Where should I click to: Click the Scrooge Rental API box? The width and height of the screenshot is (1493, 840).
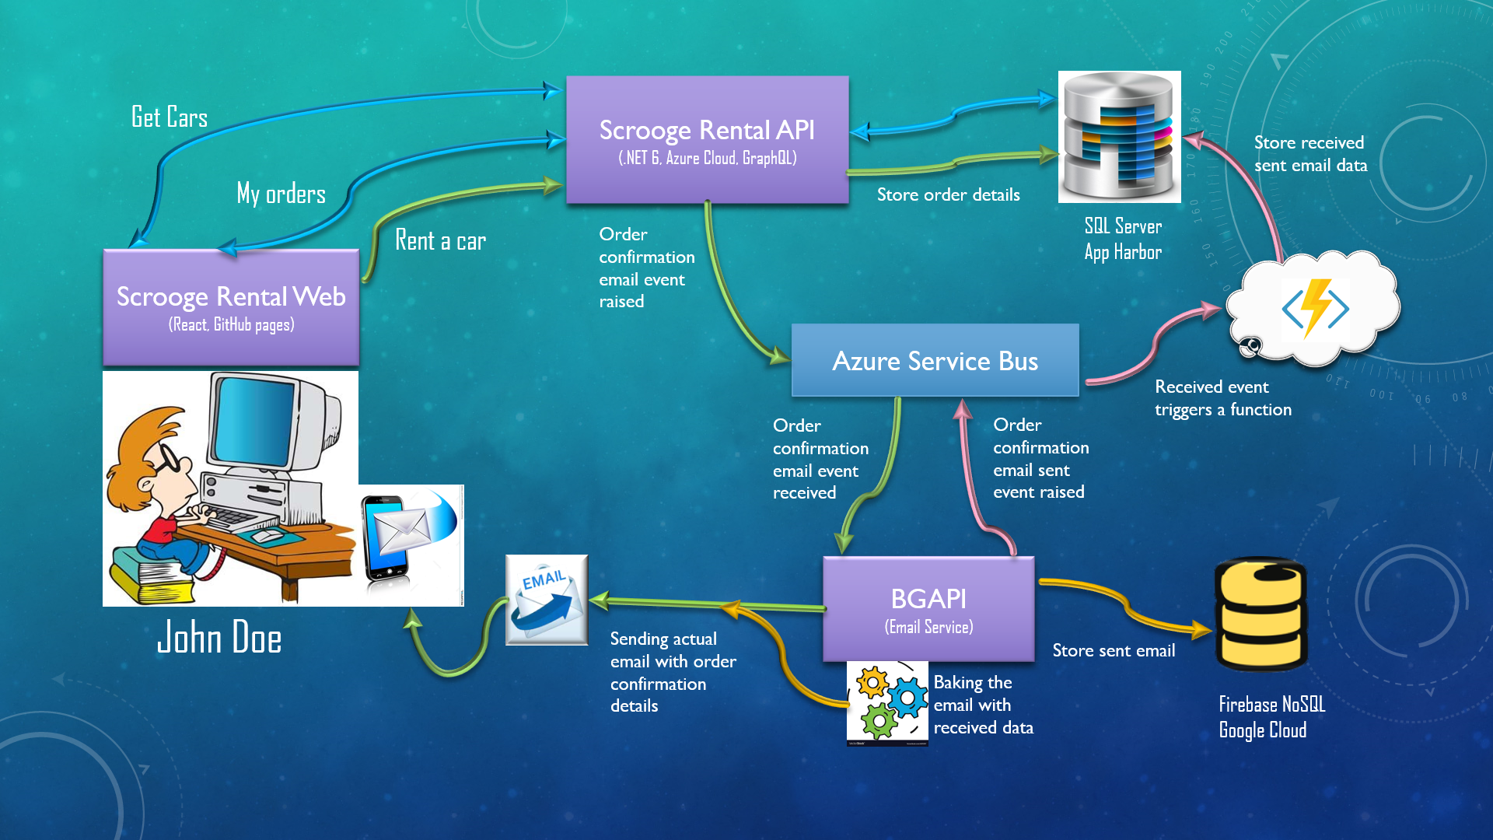(x=707, y=140)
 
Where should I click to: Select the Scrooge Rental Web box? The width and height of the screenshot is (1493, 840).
(x=231, y=307)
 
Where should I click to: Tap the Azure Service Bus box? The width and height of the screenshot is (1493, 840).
(x=935, y=361)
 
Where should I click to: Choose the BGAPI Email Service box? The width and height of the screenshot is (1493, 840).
(x=928, y=609)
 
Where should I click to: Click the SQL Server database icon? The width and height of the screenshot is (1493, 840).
(x=1119, y=136)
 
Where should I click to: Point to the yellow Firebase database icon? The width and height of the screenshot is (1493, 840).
(x=1260, y=614)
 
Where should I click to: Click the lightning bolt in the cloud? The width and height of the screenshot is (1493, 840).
(x=1316, y=307)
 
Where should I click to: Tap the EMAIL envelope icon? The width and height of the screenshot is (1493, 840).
(x=547, y=600)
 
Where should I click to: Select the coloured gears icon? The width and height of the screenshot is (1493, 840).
(x=887, y=703)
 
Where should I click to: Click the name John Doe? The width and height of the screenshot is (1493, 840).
(x=219, y=638)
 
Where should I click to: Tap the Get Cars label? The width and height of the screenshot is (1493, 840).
(x=170, y=117)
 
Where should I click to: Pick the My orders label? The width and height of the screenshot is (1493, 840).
(x=281, y=194)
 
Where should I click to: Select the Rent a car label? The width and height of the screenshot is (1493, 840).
(x=440, y=240)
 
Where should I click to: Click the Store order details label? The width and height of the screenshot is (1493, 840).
(x=948, y=194)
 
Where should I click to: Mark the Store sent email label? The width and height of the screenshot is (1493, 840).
(x=1114, y=650)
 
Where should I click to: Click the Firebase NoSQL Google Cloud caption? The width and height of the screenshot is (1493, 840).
(x=1271, y=717)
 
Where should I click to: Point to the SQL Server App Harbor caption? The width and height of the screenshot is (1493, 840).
(x=1123, y=239)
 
